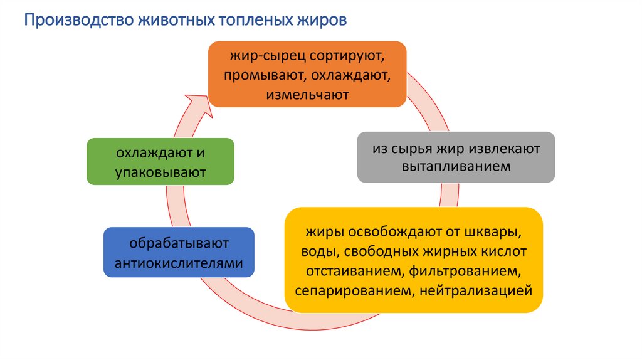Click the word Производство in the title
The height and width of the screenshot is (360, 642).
(x=73, y=21)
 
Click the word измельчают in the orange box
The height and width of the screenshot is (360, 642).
(x=307, y=95)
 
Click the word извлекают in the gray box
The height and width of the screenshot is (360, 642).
(x=507, y=149)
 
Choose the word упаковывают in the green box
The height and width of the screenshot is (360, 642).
(x=160, y=171)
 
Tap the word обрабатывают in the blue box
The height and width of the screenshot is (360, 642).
(x=179, y=243)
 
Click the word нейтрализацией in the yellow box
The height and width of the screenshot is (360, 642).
(x=481, y=290)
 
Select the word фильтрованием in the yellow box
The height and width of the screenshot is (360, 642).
(x=461, y=270)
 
